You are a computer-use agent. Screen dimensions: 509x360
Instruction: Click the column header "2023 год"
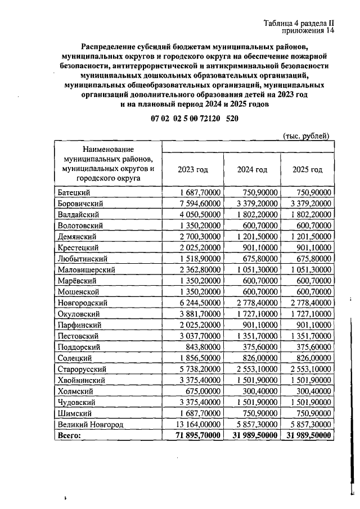193,169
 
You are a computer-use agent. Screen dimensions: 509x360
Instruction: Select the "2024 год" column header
252,169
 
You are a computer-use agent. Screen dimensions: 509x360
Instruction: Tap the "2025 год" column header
308,169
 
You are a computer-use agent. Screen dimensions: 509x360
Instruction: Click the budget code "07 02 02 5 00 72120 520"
195,119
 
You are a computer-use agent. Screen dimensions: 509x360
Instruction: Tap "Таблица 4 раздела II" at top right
298,23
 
